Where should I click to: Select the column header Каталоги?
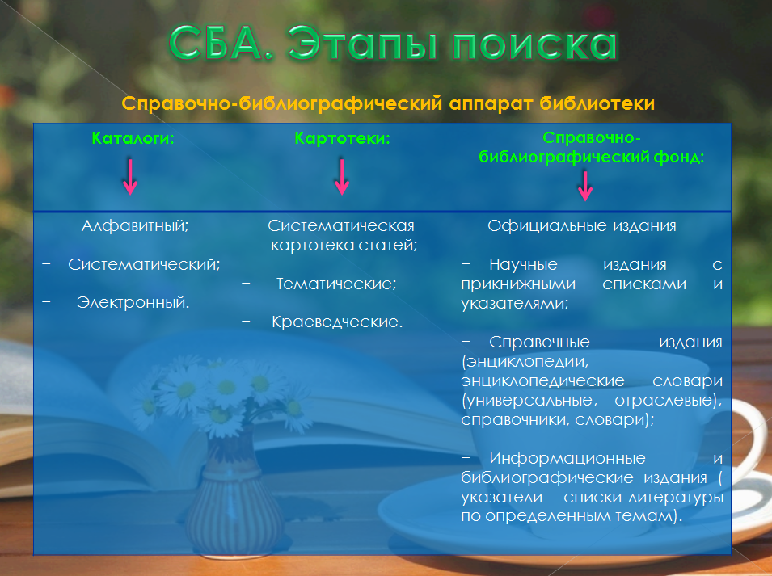coord(133,138)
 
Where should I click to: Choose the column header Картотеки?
coord(342,138)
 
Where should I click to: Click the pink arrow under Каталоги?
coord(130,177)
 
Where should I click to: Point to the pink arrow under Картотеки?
coord(342,177)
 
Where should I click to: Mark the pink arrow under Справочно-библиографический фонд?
coord(585,186)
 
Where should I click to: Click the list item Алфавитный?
coord(135,225)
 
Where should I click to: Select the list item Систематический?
coord(144,265)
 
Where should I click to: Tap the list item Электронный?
coord(133,302)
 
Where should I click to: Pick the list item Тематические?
coord(336,284)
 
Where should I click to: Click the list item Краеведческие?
coord(337,322)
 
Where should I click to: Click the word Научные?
coord(523,265)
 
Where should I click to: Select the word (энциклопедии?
coord(525,362)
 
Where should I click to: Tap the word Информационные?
coord(567,458)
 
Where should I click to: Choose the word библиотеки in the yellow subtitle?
coord(597,103)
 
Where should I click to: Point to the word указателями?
coord(514,303)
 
